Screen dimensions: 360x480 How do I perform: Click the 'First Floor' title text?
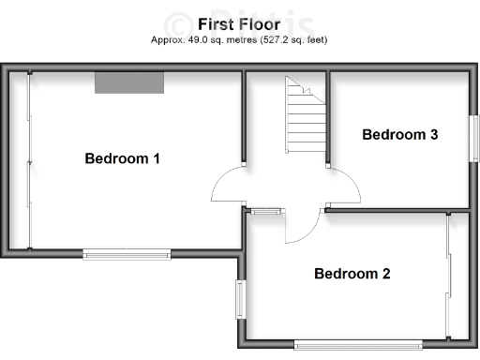tap(239, 23)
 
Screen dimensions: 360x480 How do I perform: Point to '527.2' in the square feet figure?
tap(279, 40)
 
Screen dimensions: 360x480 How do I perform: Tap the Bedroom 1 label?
tap(122, 158)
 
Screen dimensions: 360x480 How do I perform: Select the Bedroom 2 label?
tap(352, 274)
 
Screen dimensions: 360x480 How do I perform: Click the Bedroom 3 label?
tap(400, 135)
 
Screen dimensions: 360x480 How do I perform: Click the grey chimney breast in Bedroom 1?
tap(129, 82)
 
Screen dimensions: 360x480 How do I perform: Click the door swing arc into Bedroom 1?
tap(225, 186)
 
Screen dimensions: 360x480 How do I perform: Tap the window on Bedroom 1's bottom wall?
tap(127, 254)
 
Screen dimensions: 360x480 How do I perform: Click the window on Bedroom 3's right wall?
tap(473, 142)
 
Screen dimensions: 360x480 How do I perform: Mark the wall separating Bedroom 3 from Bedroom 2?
tap(398, 210)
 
